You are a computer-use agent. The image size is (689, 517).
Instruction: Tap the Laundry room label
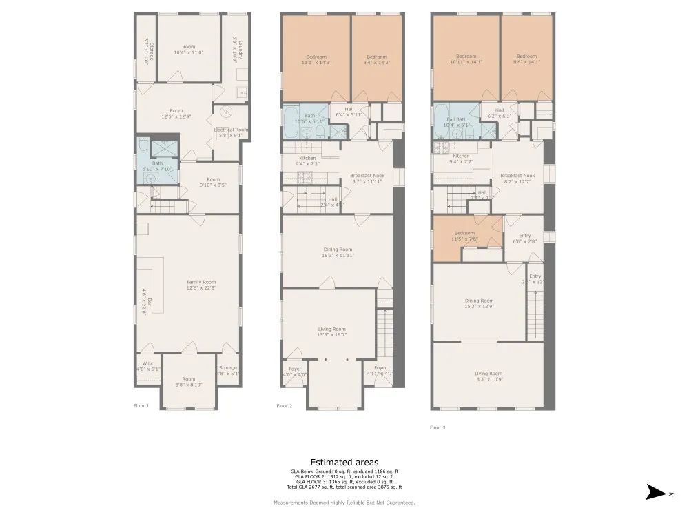coord(235,50)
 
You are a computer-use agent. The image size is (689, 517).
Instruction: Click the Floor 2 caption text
coord(284,406)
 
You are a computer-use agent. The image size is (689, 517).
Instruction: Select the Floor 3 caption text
coord(438,427)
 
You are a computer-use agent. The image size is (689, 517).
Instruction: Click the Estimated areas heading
coord(344,462)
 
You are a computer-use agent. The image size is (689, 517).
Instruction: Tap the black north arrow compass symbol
coord(654,492)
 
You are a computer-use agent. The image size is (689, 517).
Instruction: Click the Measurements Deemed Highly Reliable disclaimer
coord(344,503)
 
